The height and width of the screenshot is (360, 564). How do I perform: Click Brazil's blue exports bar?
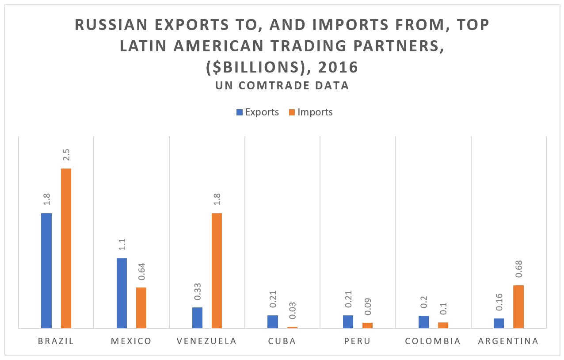(46, 271)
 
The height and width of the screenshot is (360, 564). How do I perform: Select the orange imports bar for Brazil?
(66, 248)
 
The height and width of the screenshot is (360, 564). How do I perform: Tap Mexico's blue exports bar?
(122, 293)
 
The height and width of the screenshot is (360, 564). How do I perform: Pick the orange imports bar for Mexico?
(141, 308)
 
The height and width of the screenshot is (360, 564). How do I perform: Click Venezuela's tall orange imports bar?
(217, 271)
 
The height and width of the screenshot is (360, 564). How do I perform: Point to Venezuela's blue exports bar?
(197, 318)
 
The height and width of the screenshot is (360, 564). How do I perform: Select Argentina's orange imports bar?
(518, 306)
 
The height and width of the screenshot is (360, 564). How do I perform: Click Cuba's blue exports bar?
(273, 322)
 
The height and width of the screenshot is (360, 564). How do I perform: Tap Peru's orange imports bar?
(367, 326)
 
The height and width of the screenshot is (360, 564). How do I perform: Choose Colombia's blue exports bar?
(423, 322)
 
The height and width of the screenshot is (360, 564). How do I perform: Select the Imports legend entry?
(311, 112)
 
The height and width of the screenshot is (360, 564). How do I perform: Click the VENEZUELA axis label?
(206, 341)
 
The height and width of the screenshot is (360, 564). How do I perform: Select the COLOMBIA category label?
(433, 341)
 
